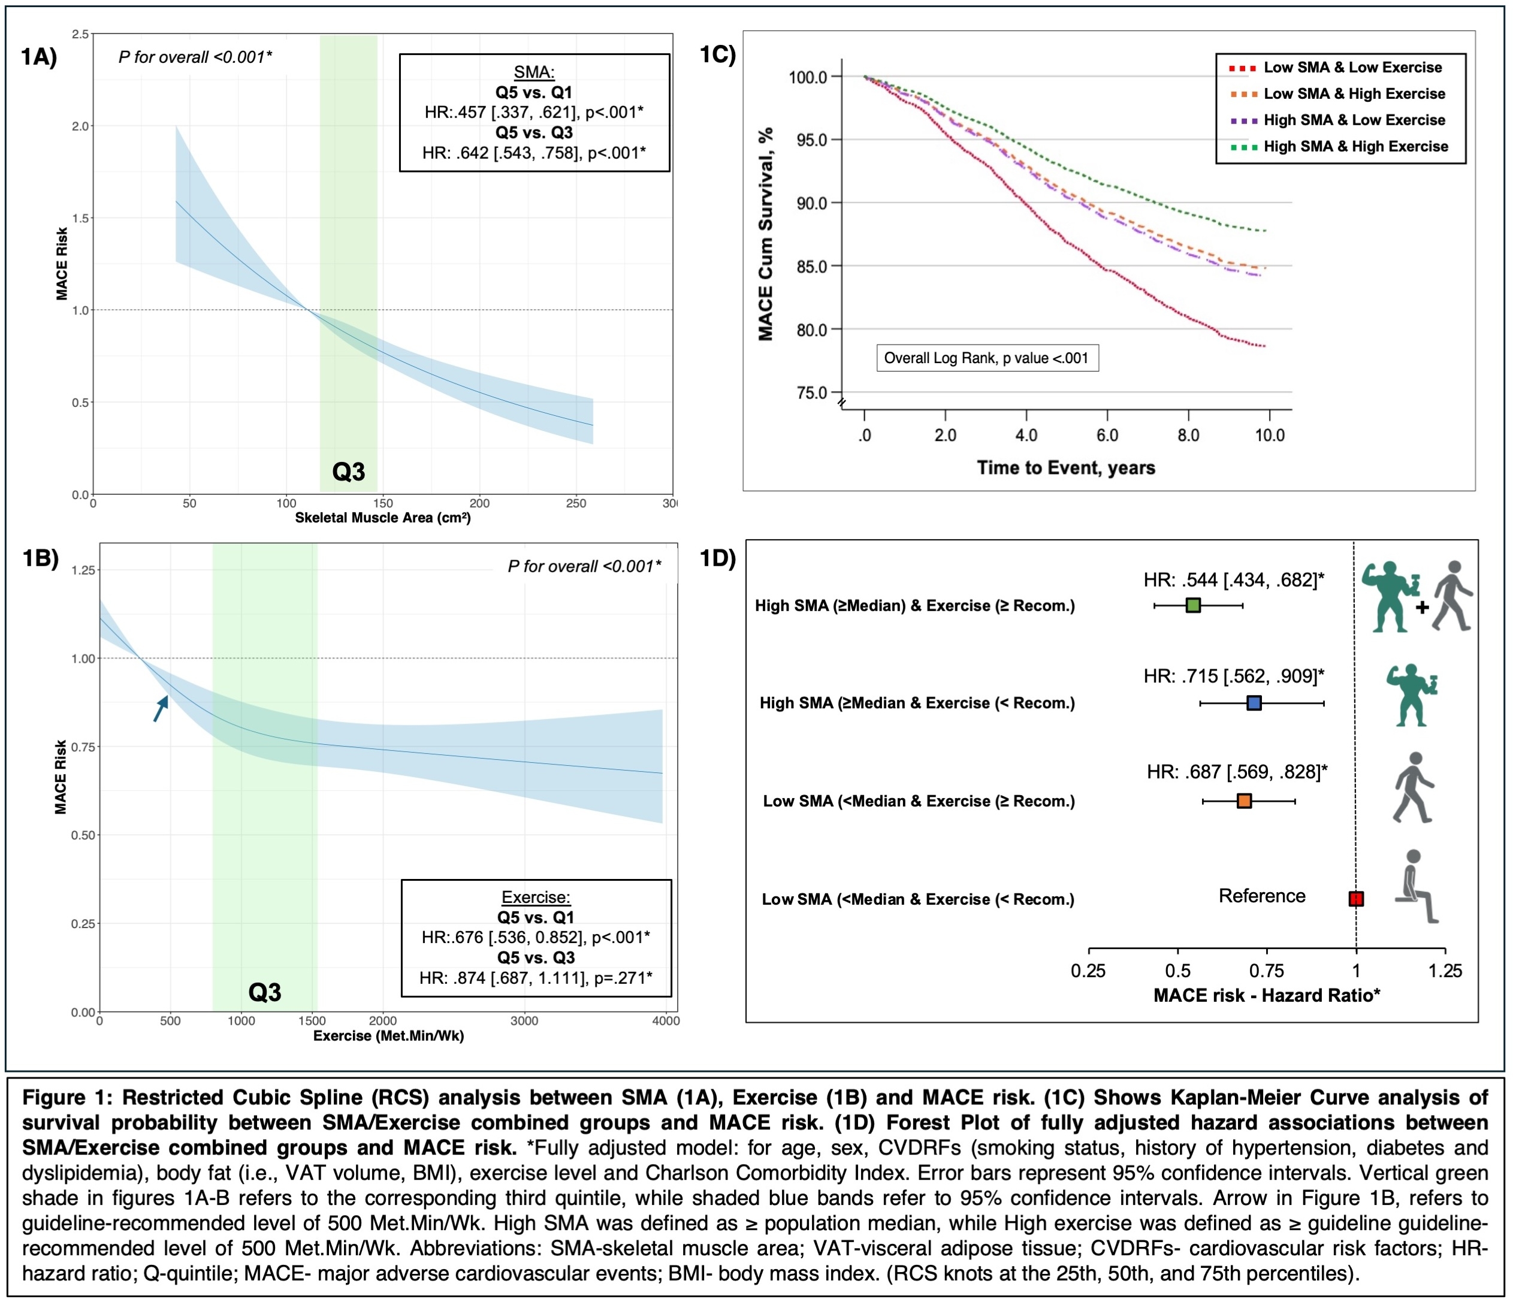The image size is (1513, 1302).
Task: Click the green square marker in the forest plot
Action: click(x=1193, y=605)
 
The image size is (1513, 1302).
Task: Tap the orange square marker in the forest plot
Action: click(x=1245, y=801)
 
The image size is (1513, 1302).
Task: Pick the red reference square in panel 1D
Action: click(x=1356, y=899)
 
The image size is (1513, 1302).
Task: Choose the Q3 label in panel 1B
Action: click(x=264, y=992)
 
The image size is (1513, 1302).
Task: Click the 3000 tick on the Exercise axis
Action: click(x=524, y=1022)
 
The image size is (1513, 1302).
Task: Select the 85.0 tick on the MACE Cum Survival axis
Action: click(x=811, y=267)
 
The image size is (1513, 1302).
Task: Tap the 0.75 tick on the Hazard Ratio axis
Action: click(x=1267, y=971)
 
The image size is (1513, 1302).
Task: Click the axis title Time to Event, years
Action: click(x=1066, y=468)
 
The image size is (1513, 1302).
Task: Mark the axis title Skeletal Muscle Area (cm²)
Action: click(x=383, y=518)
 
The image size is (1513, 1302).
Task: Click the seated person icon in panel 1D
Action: click(x=1415, y=887)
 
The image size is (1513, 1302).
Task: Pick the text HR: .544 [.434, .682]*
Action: click(x=1233, y=581)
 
